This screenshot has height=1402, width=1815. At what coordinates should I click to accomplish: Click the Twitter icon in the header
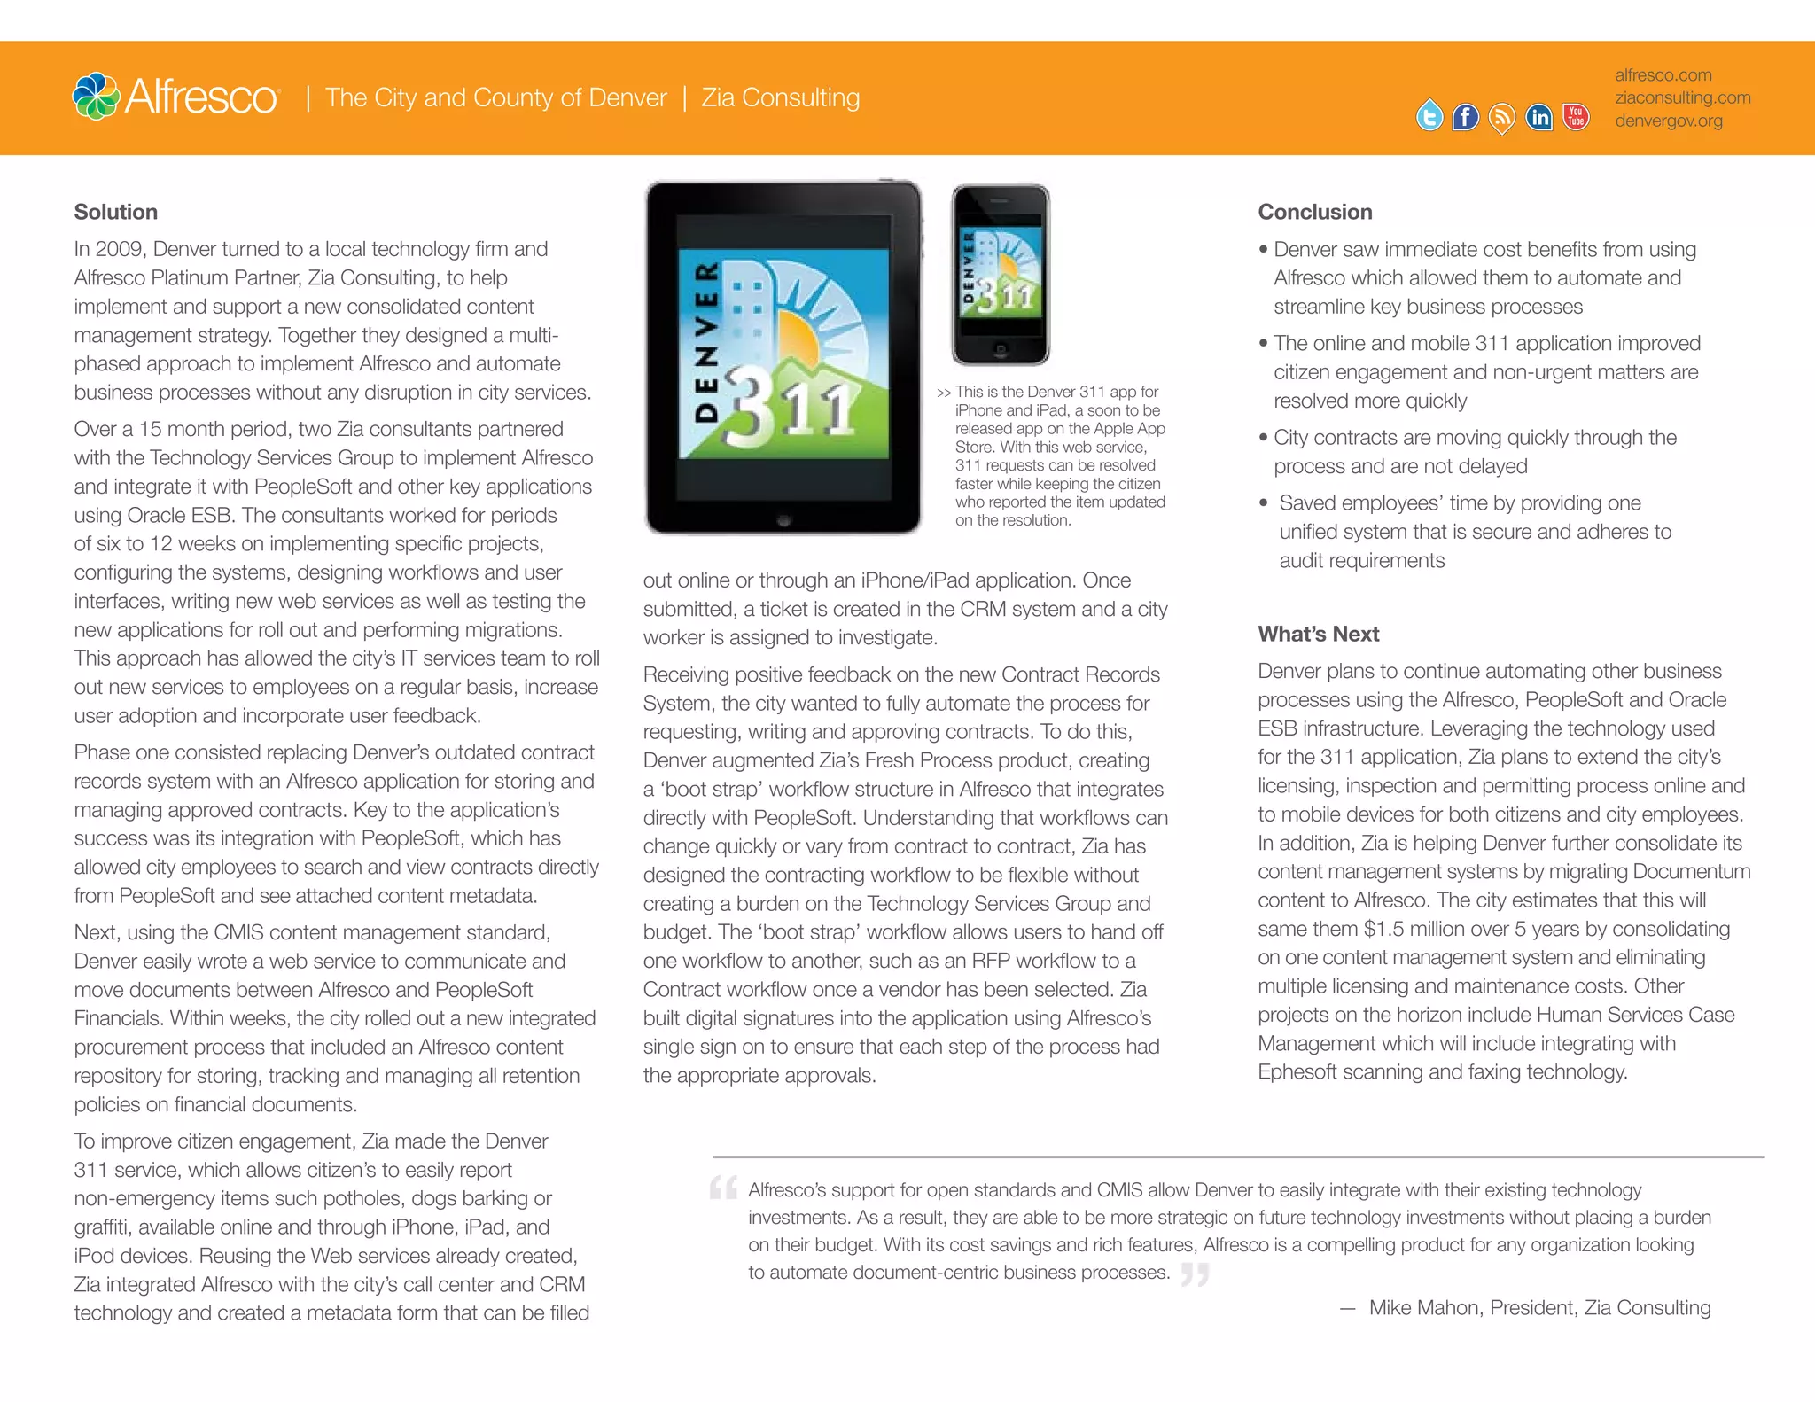(1429, 116)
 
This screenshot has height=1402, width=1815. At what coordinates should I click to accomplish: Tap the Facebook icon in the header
(1465, 117)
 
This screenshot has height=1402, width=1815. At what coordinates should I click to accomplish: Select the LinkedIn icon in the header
(1538, 117)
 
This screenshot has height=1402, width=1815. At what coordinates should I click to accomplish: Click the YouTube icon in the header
(1576, 117)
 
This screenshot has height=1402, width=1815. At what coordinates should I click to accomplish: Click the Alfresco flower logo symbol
(96, 96)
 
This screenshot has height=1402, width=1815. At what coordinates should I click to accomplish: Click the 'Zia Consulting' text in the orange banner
(780, 97)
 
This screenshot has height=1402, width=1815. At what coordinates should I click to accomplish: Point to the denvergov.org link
(1668, 121)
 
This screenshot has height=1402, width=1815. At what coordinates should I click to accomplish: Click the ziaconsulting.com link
(1682, 97)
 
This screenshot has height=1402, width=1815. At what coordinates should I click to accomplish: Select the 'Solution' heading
(115, 212)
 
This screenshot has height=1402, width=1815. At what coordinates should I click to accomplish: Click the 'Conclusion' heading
(1314, 212)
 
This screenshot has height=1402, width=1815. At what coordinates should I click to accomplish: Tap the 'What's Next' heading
(1318, 634)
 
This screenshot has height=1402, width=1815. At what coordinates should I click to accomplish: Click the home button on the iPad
(783, 520)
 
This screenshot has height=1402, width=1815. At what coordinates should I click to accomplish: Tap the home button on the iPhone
(1001, 348)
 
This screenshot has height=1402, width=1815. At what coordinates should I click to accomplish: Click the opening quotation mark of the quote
(723, 1188)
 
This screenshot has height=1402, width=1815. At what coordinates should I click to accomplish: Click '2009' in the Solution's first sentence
(119, 249)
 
